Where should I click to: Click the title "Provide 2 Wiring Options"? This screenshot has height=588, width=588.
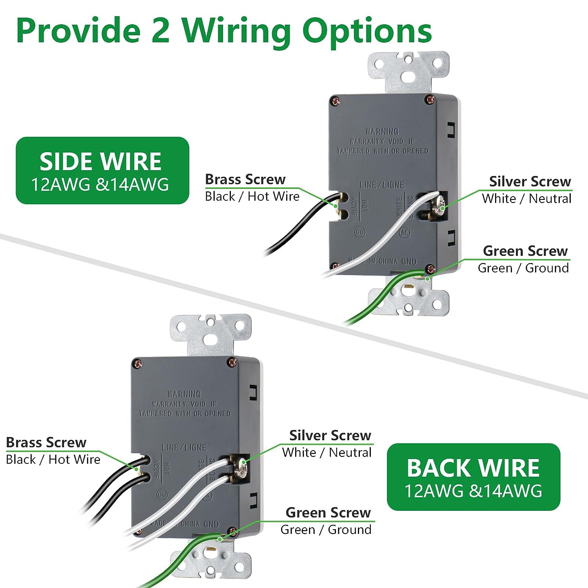click(223, 31)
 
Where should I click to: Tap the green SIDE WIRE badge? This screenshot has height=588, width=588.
click(102, 171)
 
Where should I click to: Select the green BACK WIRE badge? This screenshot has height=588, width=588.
click(474, 477)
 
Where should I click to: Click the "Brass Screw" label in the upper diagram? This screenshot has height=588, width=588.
click(245, 180)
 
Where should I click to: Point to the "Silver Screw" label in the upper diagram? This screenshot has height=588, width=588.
click(530, 181)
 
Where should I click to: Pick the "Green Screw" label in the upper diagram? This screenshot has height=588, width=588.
click(525, 251)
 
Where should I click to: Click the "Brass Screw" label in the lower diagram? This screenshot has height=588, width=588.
click(46, 443)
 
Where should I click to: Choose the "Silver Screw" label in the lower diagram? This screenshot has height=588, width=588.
click(330, 436)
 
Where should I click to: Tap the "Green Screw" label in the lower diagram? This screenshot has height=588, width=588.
click(328, 513)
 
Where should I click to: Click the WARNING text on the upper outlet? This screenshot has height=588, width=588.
click(382, 131)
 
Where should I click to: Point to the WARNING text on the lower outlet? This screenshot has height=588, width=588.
click(184, 394)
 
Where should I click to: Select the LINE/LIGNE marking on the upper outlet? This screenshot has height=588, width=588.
click(382, 185)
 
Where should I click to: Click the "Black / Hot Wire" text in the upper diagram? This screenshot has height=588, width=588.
click(252, 196)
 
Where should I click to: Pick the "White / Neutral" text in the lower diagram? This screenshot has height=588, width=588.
click(327, 452)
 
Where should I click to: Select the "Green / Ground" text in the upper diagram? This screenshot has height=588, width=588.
click(523, 268)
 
